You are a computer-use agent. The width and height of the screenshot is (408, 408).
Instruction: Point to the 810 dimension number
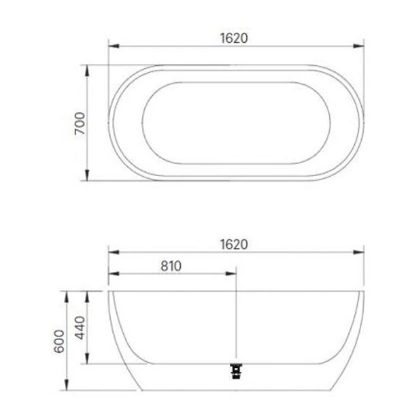[x=171, y=266]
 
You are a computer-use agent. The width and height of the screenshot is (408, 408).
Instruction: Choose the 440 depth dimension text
[x=80, y=327]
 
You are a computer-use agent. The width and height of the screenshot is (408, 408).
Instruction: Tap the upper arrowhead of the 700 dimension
[x=86, y=69]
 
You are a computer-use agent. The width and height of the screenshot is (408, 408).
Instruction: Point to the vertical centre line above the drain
[x=235, y=320]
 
